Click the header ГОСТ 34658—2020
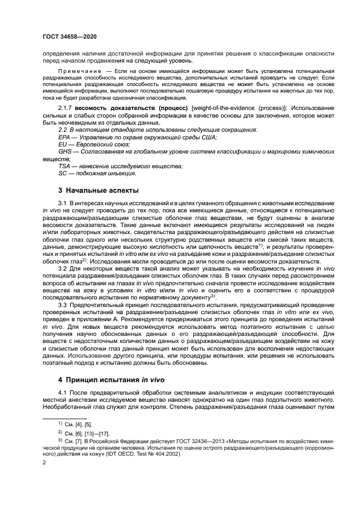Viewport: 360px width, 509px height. click(x=70, y=37)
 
